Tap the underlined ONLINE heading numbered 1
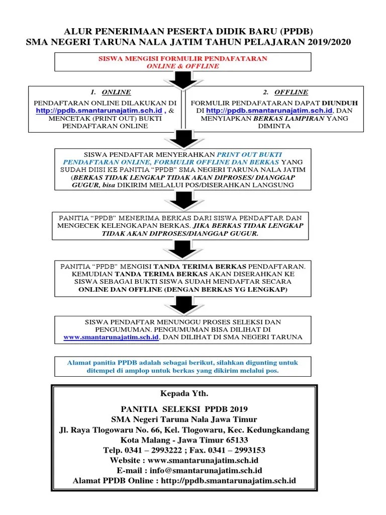tap(116, 92)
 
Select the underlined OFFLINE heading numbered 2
tap(292, 92)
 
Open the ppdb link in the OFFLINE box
tap(270, 110)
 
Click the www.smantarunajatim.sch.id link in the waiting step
tap(111, 337)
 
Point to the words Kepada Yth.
tap(183, 392)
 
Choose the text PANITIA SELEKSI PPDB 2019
tap(184, 409)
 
